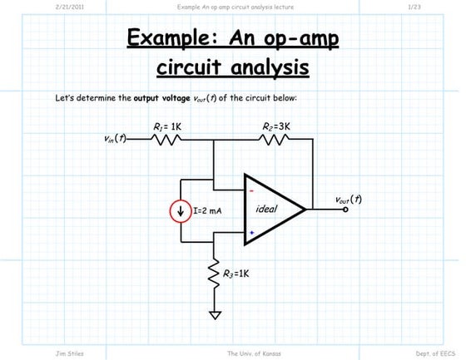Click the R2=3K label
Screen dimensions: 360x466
275,126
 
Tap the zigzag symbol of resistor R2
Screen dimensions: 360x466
275,140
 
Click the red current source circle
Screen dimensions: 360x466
181,211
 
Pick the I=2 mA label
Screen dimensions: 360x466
207,211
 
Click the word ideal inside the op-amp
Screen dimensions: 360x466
267,209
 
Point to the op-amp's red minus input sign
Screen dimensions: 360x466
251,191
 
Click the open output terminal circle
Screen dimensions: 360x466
347,210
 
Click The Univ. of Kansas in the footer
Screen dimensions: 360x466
253,353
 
